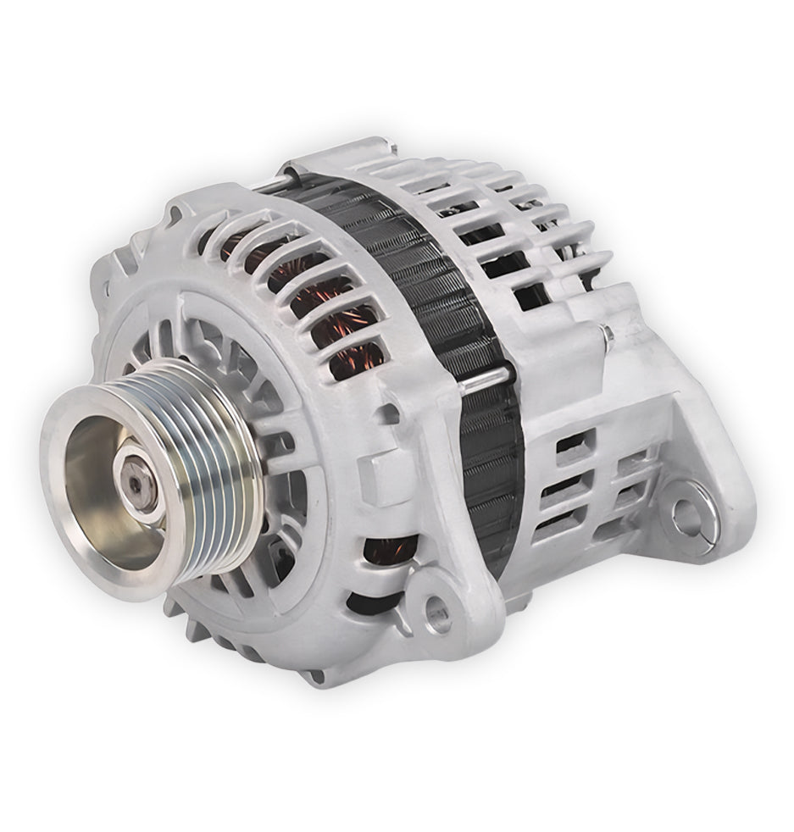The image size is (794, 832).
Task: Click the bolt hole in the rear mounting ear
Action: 686,513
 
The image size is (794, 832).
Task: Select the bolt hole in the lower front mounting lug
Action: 436,616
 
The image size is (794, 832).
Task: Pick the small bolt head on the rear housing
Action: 608,336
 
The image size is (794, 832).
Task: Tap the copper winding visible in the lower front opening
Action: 386,552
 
